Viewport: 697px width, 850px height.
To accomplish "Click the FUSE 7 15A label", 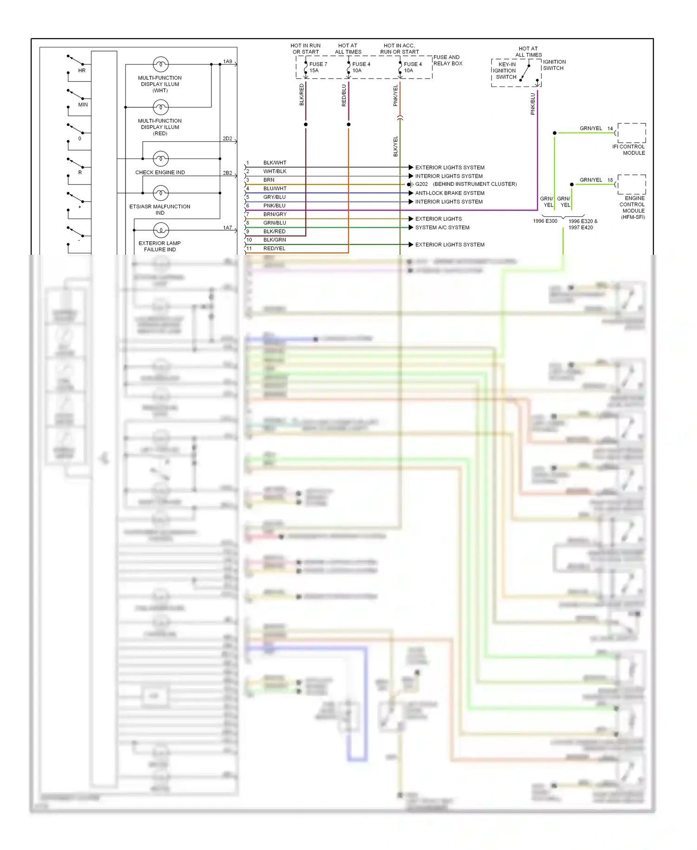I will click(x=318, y=67).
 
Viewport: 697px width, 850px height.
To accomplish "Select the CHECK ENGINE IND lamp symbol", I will click(x=161, y=159).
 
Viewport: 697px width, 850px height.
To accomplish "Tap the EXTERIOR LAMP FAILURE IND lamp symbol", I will click(x=161, y=230).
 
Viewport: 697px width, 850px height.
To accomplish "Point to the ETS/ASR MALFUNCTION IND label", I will click(x=160, y=210).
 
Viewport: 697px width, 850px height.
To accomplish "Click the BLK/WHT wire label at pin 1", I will click(x=275, y=163).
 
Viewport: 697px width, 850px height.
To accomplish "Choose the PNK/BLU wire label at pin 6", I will click(x=274, y=206).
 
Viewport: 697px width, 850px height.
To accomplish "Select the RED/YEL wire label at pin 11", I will click(x=274, y=248).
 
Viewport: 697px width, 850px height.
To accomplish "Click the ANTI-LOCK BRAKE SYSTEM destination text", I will click(x=449, y=193).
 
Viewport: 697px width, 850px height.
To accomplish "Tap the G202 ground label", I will click(x=421, y=184).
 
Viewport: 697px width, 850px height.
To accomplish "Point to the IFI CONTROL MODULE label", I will click(x=629, y=150).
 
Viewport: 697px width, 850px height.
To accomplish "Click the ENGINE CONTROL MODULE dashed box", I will click(x=631, y=185).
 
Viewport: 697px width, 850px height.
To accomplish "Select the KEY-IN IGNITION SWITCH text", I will click(x=506, y=71).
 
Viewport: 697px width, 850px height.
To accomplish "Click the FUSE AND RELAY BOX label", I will click(x=448, y=60).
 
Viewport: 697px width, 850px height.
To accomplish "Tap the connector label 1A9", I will click(x=227, y=61).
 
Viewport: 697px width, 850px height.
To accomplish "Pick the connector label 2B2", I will click(x=227, y=173).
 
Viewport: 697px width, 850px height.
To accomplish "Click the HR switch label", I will click(x=82, y=71).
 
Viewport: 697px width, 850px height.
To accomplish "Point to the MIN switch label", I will click(x=83, y=105).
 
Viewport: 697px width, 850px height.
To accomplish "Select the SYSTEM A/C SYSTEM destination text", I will click(x=442, y=227).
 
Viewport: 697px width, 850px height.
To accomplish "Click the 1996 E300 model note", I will click(x=545, y=221).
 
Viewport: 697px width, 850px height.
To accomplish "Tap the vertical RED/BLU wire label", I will click(x=344, y=95).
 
